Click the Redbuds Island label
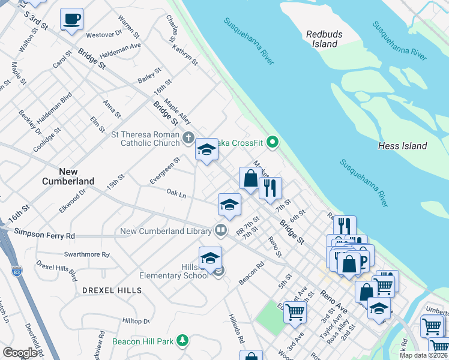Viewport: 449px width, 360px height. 321,40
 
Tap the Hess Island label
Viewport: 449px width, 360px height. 402,146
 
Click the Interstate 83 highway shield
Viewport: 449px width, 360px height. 17,271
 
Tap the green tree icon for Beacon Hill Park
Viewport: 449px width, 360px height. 182,341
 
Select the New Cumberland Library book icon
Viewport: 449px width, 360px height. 221,230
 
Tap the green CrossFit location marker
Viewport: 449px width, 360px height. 273,143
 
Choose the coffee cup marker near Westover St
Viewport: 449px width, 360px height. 71,19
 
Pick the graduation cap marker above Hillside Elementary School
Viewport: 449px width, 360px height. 210,259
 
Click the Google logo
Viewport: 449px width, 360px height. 20,353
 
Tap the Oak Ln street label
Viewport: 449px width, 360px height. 176,194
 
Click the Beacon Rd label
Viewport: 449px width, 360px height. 251,273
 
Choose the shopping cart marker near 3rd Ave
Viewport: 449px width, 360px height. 295,311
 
